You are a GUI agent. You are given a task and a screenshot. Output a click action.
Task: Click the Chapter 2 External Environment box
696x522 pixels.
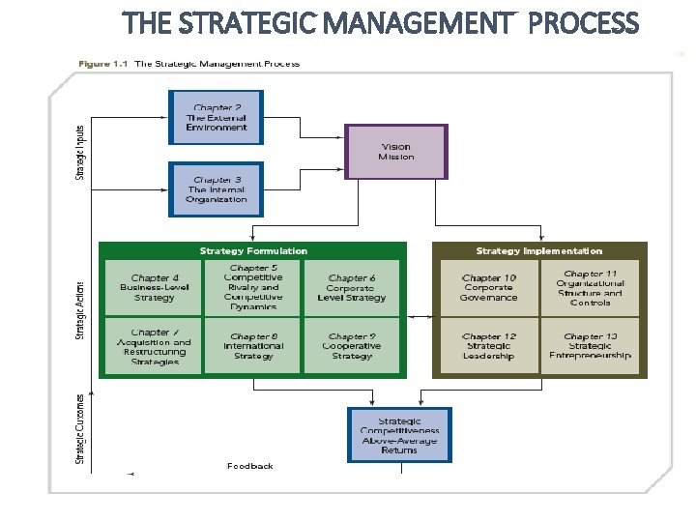pyautogui.click(x=217, y=117)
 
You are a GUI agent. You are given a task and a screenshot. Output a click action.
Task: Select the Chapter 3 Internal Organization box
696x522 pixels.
pyautogui.click(x=217, y=189)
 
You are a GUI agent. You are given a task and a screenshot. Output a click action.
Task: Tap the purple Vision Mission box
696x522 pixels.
pyautogui.click(x=396, y=152)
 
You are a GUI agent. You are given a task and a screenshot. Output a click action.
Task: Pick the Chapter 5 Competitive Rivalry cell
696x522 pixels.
pyautogui.click(x=252, y=287)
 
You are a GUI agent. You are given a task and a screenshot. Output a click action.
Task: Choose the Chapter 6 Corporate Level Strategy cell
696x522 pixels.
pyautogui.click(x=352, y=288)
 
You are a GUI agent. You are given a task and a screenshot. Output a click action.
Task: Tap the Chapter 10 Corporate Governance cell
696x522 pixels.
pyautogui.click(x=489, y=288)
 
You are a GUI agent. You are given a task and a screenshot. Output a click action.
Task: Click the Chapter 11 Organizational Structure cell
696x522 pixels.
pyautogui.click(x=590, y=288)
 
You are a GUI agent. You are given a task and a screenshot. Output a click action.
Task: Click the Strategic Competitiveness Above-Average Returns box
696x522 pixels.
pyautogui.click(x=399, y=435)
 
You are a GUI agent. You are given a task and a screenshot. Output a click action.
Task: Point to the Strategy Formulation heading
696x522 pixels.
pyautogui.click(x=253, y=251)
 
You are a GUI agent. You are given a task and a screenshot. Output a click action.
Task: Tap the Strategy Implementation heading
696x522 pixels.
pyautogui.click(x=538, y=251)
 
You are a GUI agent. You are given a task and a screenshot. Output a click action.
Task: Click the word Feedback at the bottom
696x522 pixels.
pyautogui.click(x=250, y=466)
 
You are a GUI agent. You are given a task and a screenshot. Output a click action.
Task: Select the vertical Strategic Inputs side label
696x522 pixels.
pyautogui.click(x=80, y=152)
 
